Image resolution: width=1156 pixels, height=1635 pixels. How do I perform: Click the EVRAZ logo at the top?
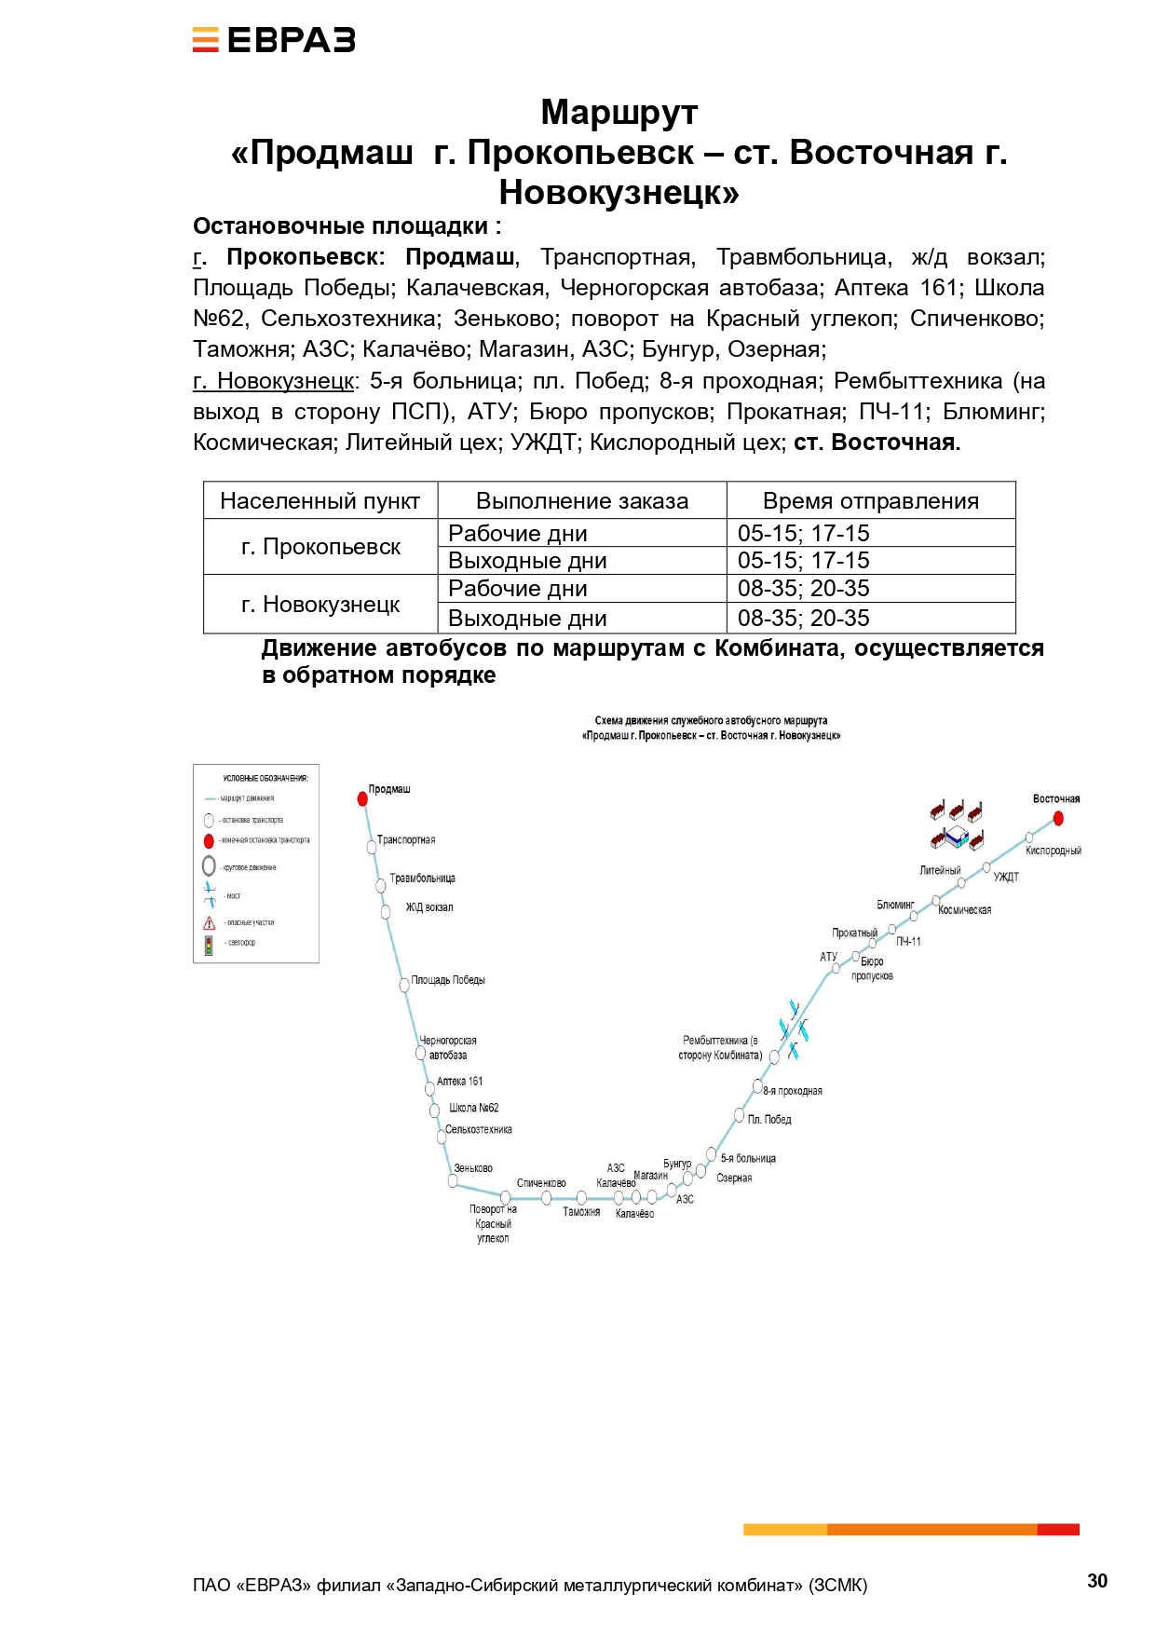coord(274,40)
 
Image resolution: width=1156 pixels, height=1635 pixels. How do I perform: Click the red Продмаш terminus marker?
coord(362,798)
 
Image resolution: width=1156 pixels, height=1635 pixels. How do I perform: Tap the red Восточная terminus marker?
coord(1058,818)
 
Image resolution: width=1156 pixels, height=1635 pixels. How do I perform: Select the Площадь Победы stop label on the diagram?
coord(448,980)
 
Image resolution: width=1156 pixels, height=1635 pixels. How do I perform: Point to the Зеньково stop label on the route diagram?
coord(473,1168)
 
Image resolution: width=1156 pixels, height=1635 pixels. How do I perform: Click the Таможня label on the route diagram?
coord(581,1212)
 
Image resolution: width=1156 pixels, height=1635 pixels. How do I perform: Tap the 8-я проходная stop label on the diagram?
coord(793,1091)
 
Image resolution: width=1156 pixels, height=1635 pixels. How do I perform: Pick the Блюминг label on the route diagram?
coord(895,905)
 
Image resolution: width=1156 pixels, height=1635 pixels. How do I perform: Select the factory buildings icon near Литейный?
coord(957,824)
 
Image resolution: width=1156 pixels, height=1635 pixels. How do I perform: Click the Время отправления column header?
coord(870,501)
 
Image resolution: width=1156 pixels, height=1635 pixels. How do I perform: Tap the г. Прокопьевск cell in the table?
coord(320,547)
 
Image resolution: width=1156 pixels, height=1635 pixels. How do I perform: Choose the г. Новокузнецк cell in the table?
coord(320,605)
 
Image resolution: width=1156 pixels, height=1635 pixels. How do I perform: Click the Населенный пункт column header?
coord(320,501)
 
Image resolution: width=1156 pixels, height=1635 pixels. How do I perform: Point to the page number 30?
coord(1097,1580)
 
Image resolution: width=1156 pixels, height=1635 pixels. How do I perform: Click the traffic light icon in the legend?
coord(210,945)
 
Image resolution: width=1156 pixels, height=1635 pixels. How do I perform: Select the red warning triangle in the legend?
coord(210,923)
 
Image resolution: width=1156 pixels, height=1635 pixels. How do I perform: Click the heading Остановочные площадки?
coord(347,226)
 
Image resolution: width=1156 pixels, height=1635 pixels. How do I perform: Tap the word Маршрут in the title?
coord(619,112)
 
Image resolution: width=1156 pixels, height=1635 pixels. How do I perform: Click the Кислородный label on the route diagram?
coord(1053,851)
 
